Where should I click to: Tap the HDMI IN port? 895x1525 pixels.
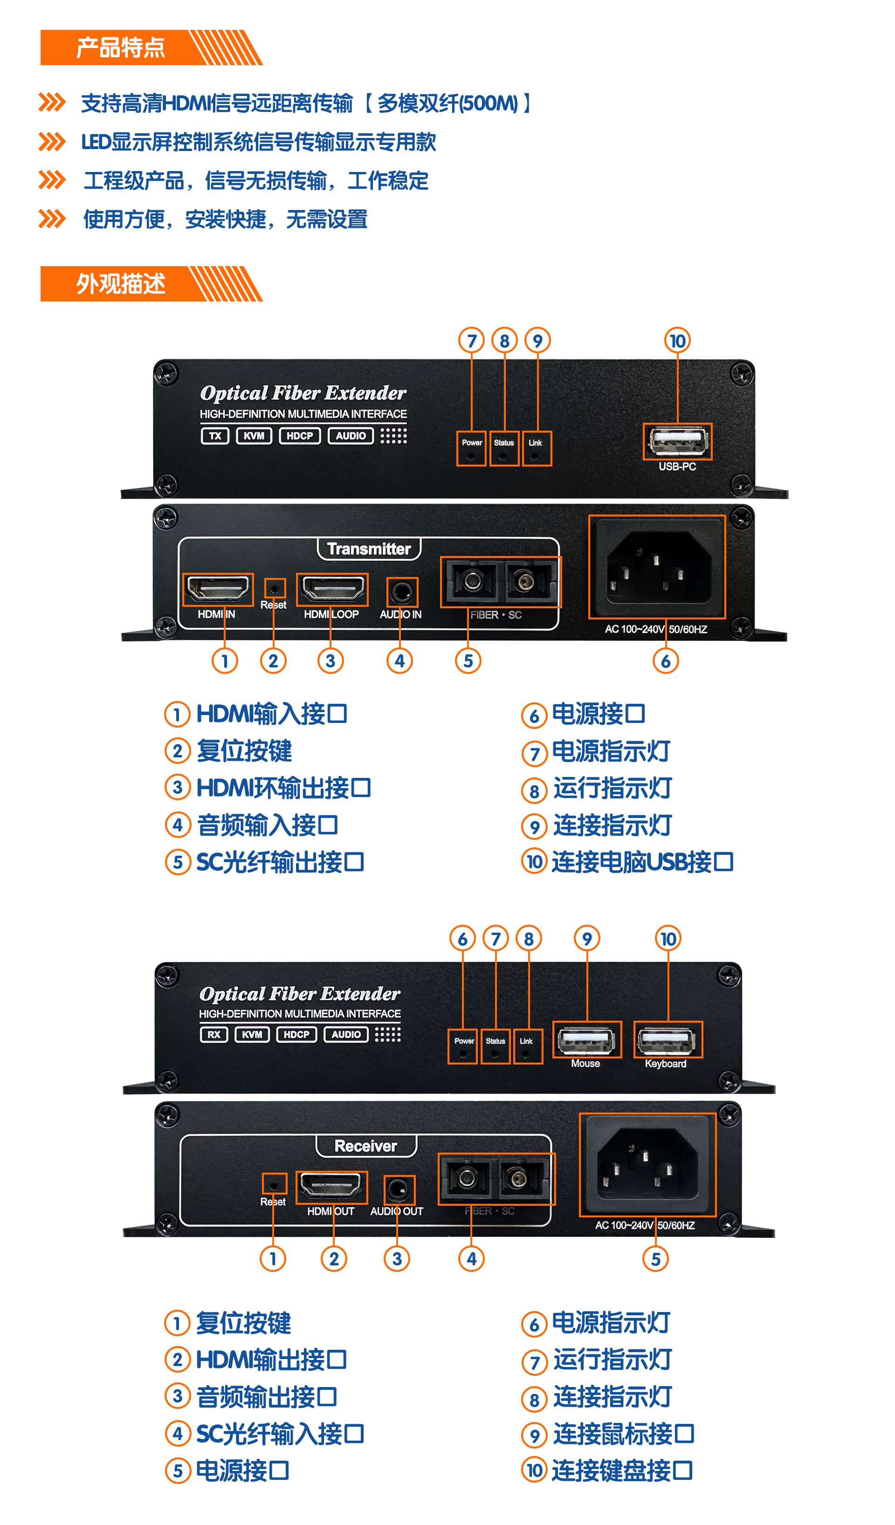[x=218, y=589]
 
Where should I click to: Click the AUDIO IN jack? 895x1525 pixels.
[x=401, y=592]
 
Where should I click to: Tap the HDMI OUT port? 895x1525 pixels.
[x=331, y=1187]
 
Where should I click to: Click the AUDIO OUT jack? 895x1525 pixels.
[x=399, y=1190]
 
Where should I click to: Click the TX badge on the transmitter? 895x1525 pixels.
[x=215, y=436]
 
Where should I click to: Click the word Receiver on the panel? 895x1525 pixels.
[x=365, y=1146]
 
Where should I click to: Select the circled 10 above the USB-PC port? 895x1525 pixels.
[x=677, y=341]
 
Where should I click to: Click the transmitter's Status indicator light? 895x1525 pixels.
[x=503, y=454]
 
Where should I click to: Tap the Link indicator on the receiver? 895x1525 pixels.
[x=526, y=1052]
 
